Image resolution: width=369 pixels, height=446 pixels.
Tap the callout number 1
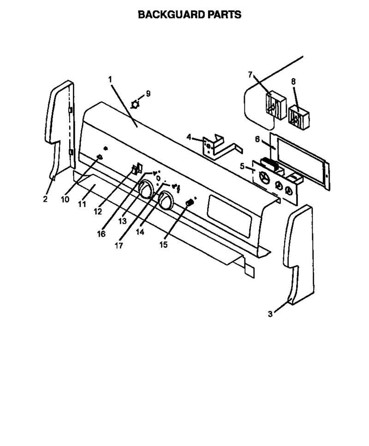coord(110,79)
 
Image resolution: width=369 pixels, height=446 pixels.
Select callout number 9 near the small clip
coord(148,94)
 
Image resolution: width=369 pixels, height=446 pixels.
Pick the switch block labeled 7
coord(276,105)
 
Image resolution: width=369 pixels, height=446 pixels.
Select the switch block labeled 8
coord(299,118)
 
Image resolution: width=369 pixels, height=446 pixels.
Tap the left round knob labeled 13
coord(146,189)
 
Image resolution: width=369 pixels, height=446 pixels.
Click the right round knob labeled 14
coord(166,200)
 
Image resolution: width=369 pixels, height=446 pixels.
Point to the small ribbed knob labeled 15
coord(189,203)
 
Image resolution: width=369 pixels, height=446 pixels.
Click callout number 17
coord(119,245)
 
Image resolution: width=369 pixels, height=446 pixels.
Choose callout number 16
coord(101,234)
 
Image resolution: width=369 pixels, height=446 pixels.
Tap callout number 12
coord(98,212)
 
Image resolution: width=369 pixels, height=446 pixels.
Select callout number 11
coord(82,204)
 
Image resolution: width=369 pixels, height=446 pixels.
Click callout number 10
coord(65,199)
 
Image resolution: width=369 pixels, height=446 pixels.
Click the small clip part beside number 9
coord(136,104)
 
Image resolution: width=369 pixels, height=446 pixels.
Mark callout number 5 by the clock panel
coord(242,166)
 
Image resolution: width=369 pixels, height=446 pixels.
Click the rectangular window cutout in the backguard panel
coord(230,215)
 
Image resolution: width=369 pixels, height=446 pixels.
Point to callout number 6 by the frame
coord(257,139)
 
